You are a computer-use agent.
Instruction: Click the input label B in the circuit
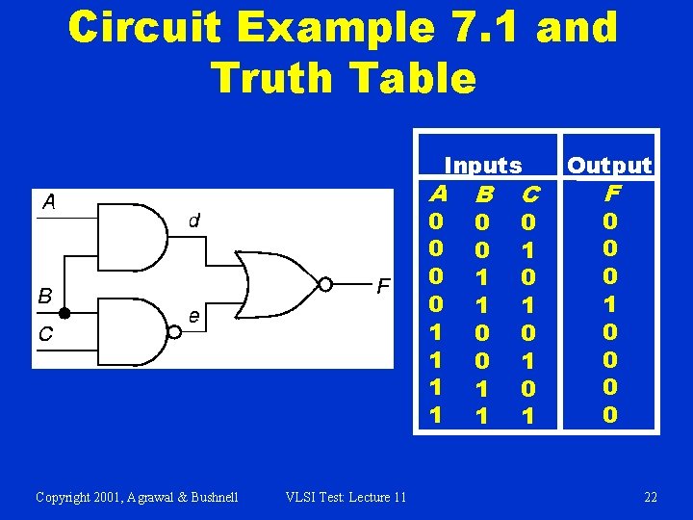click(44, 296)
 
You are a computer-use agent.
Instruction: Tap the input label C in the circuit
click(44, 334)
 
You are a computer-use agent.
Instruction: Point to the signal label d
click(193, 221)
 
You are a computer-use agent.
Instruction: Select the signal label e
click(193, 316)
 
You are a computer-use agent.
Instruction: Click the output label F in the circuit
click(383, 286)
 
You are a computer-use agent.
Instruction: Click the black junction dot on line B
click(64, 313)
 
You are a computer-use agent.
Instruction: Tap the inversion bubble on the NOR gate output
click(326, 284)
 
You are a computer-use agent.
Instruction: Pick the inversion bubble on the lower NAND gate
click(174, 333)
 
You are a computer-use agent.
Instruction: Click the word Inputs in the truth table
click(482, 166)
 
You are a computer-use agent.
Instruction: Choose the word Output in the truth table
click(609, 166)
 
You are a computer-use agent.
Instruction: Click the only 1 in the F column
click(610, 303)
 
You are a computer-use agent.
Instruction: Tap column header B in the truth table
click(484, 195)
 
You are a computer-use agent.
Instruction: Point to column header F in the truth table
click(610, 193)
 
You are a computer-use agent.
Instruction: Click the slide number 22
click(651, 497)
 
